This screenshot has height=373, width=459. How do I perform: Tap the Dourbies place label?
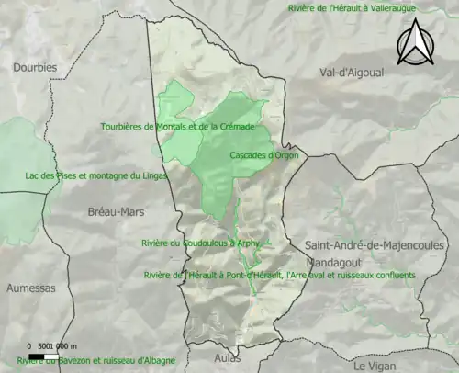pos(35,67)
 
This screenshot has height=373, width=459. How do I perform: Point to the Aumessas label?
pos(30,288)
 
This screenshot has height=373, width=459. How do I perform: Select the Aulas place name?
pos(227,356)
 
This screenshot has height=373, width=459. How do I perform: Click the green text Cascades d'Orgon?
pos(263,155)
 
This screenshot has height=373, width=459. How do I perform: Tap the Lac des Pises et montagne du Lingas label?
pos(95,175)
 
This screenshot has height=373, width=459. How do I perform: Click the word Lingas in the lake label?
pos(152,175)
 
